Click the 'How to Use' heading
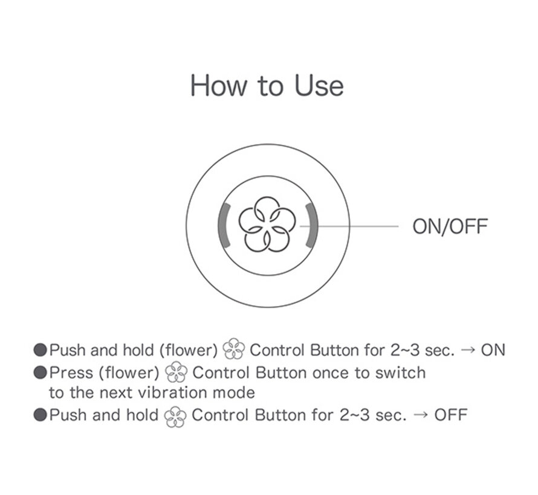pos(267,85)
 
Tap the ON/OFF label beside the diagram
pos(450,226)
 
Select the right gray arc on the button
pos(313,225)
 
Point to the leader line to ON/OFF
pos(349,226)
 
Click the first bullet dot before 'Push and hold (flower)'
pos(40,350)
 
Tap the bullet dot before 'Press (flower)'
pos(40,372)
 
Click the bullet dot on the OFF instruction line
pos(40,415)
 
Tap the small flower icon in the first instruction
pos(234,349)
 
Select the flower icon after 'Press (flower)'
pos(176,372)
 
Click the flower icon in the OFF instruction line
pos(175,416)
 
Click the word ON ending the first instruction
pos(493,350)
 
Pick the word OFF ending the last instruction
pos(451,415)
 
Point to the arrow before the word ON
pos(468,351)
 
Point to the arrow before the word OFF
pos(421,415)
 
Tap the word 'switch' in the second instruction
pos(401,372)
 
